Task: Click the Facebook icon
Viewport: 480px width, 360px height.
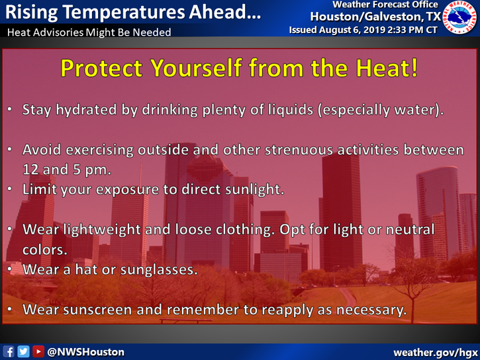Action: (x=8, y=352)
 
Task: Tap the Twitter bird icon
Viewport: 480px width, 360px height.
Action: (x=23, y=352)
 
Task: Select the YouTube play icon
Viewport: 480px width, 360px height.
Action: (x=38, y=352)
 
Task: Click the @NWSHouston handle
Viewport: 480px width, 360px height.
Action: (x=86, y=352)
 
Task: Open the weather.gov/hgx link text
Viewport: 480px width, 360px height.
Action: (x=436, y=352)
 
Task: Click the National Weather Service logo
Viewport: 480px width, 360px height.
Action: (x=460, y=17)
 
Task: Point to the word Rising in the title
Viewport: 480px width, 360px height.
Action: (x=32, y=13)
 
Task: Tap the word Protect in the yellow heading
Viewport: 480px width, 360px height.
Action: (x=101, y=67)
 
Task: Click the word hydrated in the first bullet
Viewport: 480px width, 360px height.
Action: (x=86, y=110)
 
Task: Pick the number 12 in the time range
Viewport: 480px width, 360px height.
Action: (x=30, y=169)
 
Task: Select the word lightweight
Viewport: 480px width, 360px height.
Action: (x=102, y=230)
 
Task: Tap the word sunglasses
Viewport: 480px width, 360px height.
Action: (x=159, y=270)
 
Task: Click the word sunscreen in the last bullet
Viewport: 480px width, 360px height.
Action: (x=97, y=310)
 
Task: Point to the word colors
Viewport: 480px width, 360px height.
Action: (x=45, y=250)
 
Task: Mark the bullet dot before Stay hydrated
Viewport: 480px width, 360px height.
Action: (x=10, y=109)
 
